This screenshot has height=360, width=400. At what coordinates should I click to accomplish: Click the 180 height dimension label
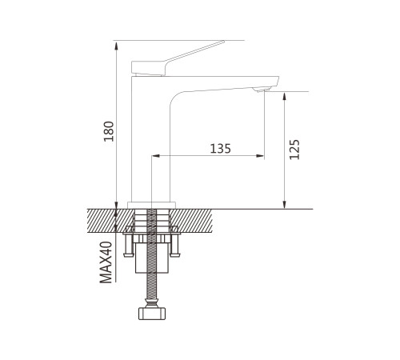pyautogui.click(x=109, y=131)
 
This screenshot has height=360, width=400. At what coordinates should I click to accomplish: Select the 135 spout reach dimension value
pyautogui.click(x=221, y=149)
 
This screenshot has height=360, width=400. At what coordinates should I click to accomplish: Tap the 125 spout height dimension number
pyautogui.click(x=294, y=150)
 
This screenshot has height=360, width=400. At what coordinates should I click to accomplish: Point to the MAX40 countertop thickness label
pyautogui.click(x=106, y=262)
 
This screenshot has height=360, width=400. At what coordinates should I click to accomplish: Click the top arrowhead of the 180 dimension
pyautogui.click(x=116, y=46)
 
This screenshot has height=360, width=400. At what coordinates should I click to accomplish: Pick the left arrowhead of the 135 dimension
pyautogui.click(x=156, y=156)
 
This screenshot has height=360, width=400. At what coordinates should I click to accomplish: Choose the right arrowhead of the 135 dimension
pyautogui.click(x=260, y=156)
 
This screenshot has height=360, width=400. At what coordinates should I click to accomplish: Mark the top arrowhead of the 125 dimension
pyautogui.click(x=285, y=97)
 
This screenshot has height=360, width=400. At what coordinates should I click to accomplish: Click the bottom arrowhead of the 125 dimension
pyautogui.click(x=285, y=204)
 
